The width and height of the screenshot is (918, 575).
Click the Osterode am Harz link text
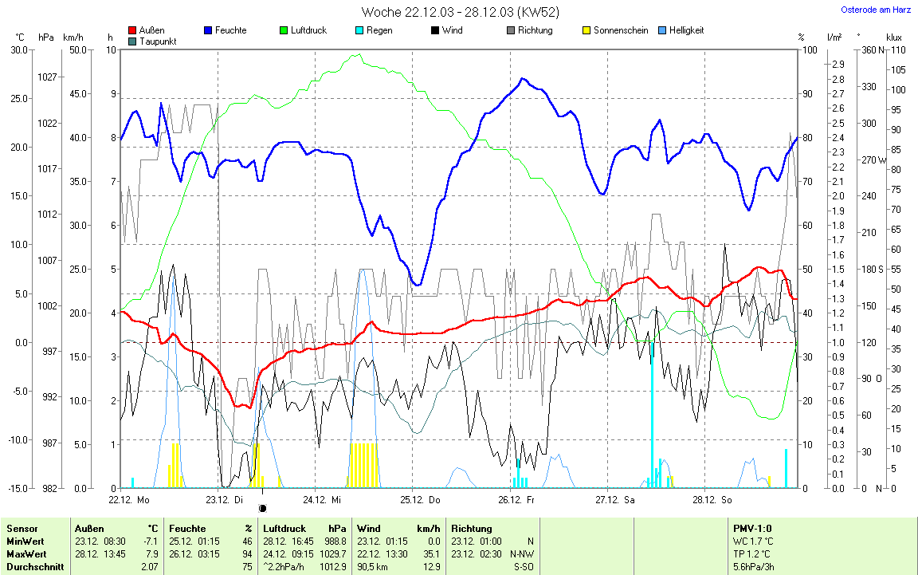[876, 10]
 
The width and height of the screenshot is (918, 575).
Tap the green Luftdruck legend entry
[302, 30]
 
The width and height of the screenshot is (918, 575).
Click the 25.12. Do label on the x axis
[422, 500]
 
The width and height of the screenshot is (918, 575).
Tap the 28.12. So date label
[712, 500]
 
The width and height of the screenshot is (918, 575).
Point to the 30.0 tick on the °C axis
[18, 49]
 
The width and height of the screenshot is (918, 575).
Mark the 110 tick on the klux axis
[897, 49]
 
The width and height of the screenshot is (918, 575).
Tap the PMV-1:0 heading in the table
[752, 528]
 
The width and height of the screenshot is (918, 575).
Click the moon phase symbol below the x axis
[262, 508]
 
